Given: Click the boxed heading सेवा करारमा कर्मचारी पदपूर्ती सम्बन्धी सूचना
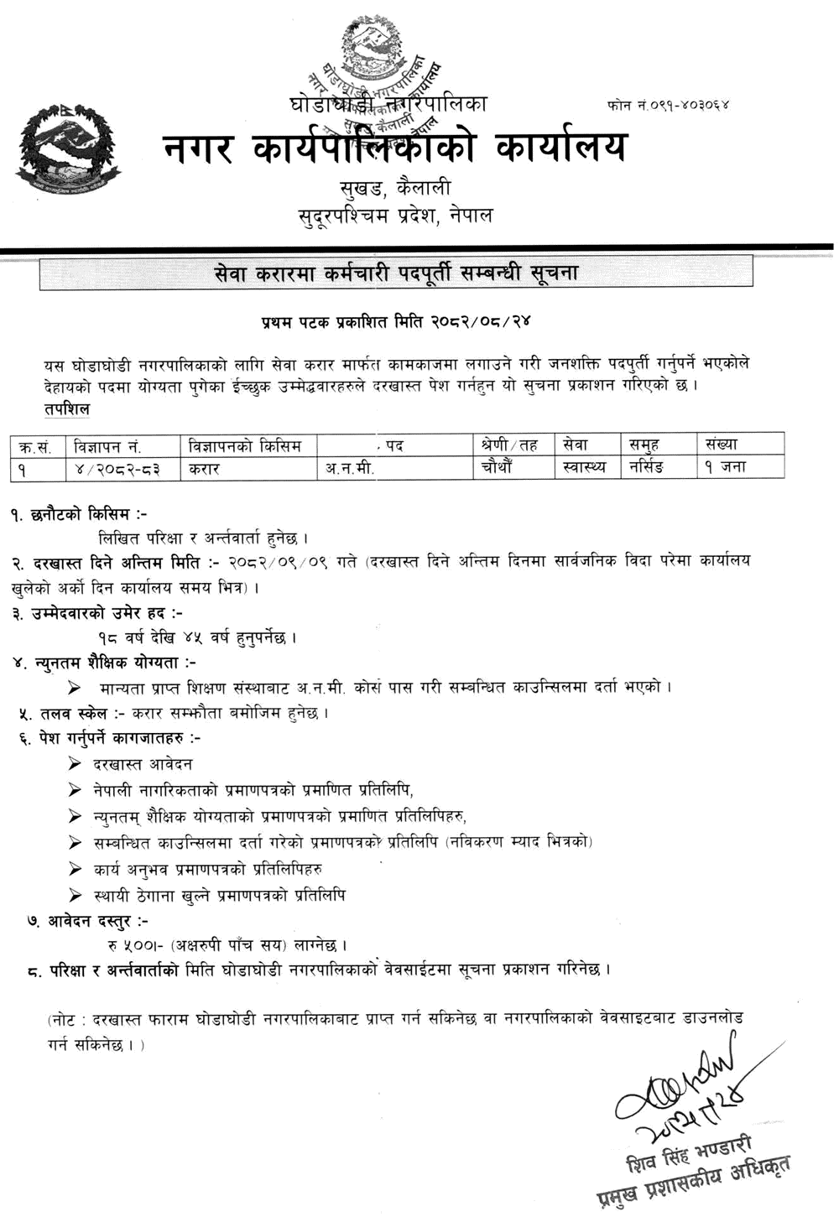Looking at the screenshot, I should [x=396, y=273].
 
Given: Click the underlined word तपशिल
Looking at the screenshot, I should [x=66, y=409].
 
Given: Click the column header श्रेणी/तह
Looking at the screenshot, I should [x=510, y=445].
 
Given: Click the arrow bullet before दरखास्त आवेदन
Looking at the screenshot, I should [x=76, y=763].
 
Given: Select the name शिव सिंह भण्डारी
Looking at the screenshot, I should [x=690, y=1156].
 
